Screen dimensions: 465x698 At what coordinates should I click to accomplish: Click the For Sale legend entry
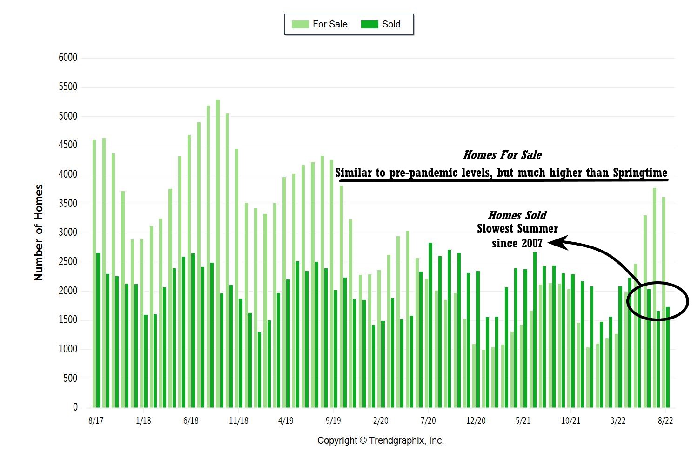(x=320, y=24)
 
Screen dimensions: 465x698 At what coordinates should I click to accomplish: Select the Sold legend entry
(x=381, y=24)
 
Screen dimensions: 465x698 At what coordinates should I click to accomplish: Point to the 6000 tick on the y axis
(x=68, y=58)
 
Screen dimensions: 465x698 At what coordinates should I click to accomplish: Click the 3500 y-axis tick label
(x=68, y=203)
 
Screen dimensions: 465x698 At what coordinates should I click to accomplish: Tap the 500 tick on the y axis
(x=70, y=378)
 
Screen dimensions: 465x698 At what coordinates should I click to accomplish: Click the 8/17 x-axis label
(x=95, y=421)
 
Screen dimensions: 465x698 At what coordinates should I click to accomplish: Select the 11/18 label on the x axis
(x=238, y=421)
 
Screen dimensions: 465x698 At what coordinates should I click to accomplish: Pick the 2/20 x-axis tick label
(x=381, y=421)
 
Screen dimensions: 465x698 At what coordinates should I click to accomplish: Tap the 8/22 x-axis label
(x=665, y=421)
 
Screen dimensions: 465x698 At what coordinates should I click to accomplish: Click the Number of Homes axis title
(x=39, y=232)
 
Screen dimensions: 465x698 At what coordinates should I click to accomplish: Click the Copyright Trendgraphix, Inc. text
(x=381, y=440)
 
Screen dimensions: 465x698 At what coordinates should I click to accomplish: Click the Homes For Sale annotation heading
(x=503, y=155)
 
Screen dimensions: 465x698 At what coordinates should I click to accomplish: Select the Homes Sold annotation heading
(x=517, y=215)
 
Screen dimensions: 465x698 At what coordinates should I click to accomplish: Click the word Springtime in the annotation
(x=640, y=173)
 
